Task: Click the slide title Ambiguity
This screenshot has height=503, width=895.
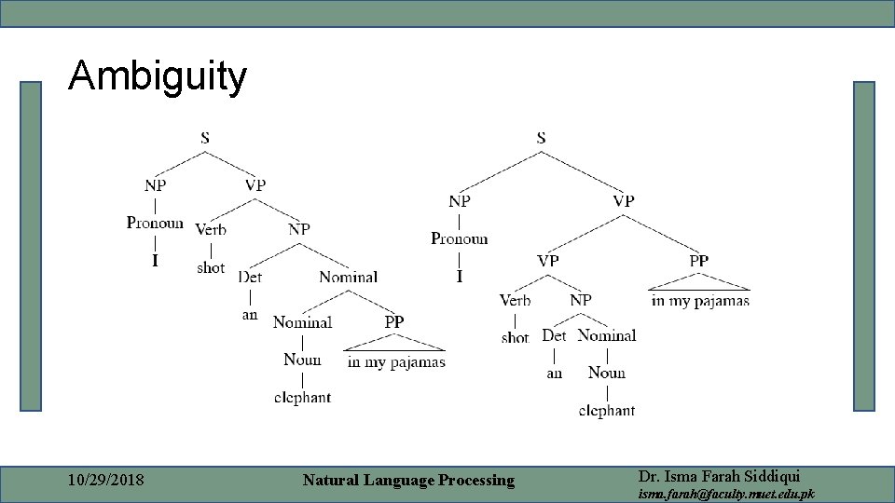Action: [x=158, y=76]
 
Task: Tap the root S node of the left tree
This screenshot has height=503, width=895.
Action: [x=205, y=138]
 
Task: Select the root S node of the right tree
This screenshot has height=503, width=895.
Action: [x=541, y=138]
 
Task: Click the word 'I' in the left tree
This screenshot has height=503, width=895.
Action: [x=155, y=261]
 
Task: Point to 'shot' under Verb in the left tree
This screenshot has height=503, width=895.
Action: [x=211, y=267]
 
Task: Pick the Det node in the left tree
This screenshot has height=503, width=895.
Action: [x=250, y=277]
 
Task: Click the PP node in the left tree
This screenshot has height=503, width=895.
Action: [x=394, y=321]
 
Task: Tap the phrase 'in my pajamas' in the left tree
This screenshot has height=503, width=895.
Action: [x=396, y=361]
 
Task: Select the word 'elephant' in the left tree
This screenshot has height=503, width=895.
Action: [x=302, y=398]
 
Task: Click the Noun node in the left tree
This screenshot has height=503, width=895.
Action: [x=302, y=360]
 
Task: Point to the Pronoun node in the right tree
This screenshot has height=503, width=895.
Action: [x=459, y=238]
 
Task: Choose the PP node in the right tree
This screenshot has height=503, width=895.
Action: [x=698, y=261]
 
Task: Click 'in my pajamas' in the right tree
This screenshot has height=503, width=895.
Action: [x=700, y=300]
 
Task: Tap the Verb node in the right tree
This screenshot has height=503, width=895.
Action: [x=515, y=300]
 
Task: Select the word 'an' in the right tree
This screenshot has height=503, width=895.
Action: [x=555, y=373]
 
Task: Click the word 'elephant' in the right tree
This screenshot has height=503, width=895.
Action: [x=607, y=410]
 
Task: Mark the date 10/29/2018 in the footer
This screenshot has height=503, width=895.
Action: [x=106, y=481]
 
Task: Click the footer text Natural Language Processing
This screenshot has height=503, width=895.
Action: [x=408, y=481]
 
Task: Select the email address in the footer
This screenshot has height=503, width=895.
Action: [x=725, y=494]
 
